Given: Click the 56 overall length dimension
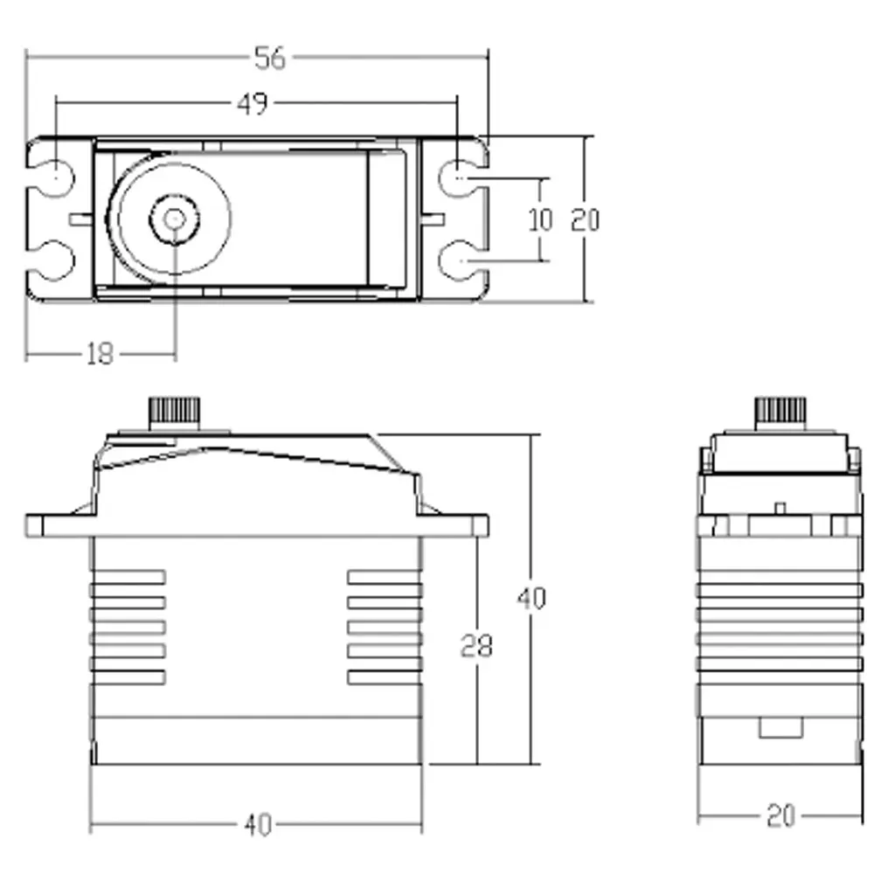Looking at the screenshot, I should pyautogui.click(x=269, y=58).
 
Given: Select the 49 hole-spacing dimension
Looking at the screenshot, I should pyautogui.click(x=252, y=103).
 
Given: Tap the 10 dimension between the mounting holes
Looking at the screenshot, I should pyautogui.click(x=541, y=219).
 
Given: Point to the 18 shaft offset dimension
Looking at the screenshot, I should pyautogui.click(x=101, y=354).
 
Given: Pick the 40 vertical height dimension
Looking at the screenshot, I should pyautogui.click(x=531, y=599).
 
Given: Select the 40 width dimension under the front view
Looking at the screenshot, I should pyautogui.click(x=257, y=823).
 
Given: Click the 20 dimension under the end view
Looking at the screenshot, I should pyautogui.click(x=780, y=817).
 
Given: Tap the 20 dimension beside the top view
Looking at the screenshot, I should pyautogui.click(x=585, y=219).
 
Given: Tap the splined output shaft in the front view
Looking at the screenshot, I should pyautogui.click(x=176, y=412).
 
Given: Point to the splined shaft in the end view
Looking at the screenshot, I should pyautogui.click(x=780, y=412).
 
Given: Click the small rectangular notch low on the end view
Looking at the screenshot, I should pyautogui.click(x=780, y=726).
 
